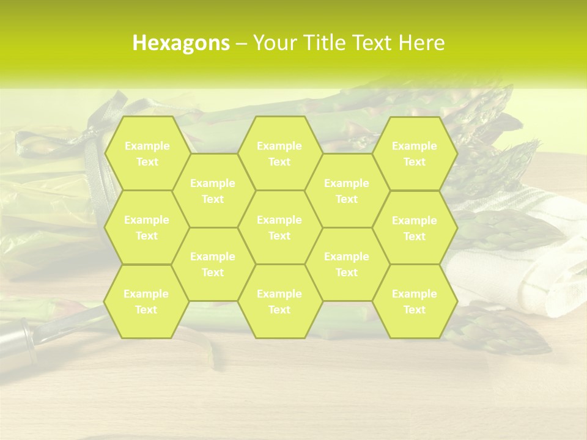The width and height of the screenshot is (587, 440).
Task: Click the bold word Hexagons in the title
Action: (181, 43)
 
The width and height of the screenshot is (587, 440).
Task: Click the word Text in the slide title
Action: (373, 43)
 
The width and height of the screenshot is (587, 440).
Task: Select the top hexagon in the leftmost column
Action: (147, 153)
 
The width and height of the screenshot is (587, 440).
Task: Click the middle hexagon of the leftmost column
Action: (147, 227)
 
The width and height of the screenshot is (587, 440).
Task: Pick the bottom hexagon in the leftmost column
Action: (146, 301)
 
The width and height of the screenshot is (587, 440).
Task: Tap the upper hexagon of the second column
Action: (213, 191)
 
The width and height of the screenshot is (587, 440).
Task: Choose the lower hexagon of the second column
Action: (213, 264)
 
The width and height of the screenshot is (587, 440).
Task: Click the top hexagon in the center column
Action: (279, 153)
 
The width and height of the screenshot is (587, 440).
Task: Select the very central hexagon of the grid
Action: (279, 227)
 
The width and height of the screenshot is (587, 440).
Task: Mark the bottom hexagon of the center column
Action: (279, 301)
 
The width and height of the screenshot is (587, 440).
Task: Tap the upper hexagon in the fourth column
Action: (347, 191)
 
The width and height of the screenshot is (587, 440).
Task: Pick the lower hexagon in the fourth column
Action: (347, 264)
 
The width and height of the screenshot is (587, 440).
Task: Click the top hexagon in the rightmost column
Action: (415, 153)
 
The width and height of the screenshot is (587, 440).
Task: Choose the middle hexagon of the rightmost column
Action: (415, 228)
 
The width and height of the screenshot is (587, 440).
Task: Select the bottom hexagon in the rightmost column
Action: (415, 301)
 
